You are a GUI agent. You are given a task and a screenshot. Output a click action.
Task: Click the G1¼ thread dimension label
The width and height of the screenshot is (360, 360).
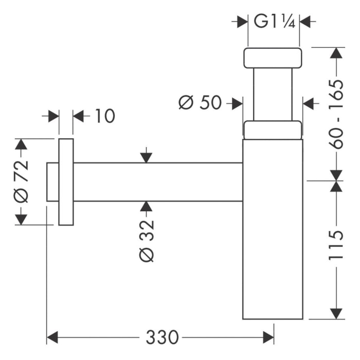point(274,22)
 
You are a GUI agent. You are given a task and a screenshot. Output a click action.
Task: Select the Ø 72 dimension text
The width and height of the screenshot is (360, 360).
point(22,181)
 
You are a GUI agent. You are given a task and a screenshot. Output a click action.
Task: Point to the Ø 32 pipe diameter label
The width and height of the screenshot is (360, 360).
point(147,241)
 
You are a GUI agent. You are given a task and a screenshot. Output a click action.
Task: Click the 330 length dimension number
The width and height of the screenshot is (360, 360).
point(162,337)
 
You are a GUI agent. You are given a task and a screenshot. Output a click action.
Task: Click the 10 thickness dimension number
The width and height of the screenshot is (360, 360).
point(104,116)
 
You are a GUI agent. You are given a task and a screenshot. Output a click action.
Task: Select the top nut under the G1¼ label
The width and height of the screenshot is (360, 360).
point(273,58)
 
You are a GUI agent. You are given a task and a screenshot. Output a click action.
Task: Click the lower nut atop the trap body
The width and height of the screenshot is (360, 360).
point(272,130)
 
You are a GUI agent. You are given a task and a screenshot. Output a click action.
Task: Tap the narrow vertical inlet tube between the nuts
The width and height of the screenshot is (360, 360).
point(273,95)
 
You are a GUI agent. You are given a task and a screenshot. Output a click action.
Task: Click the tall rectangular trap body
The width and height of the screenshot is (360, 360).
point(273,231)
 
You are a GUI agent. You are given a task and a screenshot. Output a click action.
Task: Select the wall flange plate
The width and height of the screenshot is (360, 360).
point(66,182)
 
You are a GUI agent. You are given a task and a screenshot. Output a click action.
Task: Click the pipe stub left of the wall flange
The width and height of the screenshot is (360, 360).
point(52,182)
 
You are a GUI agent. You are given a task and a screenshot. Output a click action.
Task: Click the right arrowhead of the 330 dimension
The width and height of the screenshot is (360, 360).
point(268,337)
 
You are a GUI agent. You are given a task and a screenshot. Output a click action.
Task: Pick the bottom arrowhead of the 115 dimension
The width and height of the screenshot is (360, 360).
point(336,313)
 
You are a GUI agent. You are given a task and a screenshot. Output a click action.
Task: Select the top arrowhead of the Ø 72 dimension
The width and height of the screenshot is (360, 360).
point(21,145)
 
